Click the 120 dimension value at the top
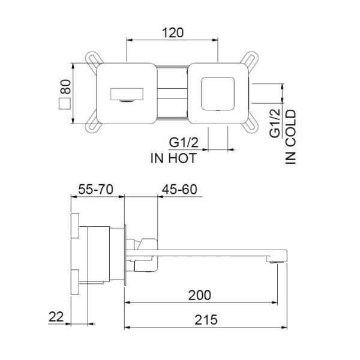(172, 32)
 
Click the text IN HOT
(174, 159)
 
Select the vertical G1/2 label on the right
(275, 123)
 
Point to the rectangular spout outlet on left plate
(127, 94)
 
